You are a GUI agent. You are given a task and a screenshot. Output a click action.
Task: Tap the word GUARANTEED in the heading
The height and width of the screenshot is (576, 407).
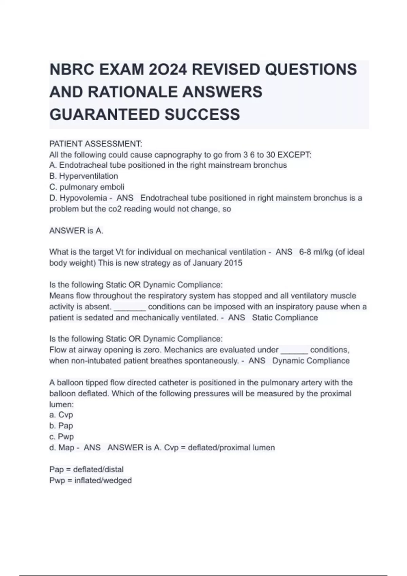(104, 115)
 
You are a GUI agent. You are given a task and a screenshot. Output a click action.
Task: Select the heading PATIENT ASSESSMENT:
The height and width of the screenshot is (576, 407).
(96, 144)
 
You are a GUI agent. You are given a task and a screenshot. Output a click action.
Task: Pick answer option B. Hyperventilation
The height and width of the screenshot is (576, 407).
(83, 176)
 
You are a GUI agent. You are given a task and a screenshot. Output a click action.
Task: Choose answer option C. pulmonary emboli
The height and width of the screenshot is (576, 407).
(87, 187)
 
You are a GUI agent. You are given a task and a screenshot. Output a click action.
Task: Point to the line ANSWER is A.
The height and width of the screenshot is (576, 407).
(76, 231)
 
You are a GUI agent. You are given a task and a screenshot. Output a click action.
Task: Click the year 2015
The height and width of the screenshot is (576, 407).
(233, 263)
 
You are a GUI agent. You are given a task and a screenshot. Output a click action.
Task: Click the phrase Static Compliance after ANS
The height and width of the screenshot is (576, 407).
(285, 318)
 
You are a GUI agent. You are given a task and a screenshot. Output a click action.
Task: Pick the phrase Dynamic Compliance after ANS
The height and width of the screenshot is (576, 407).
(311, 361)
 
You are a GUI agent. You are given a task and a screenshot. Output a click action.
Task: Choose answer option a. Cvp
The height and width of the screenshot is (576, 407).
(61, 415)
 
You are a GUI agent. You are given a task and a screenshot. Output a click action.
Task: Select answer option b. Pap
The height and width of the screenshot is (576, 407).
(61, 426)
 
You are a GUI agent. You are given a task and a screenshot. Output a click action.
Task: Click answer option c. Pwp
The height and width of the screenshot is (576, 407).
(61, 437)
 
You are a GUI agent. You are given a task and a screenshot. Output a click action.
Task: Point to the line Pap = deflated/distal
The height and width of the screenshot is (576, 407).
(86, 470)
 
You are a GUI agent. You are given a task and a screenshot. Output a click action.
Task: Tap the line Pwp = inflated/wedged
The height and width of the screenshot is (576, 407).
(91, 480)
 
